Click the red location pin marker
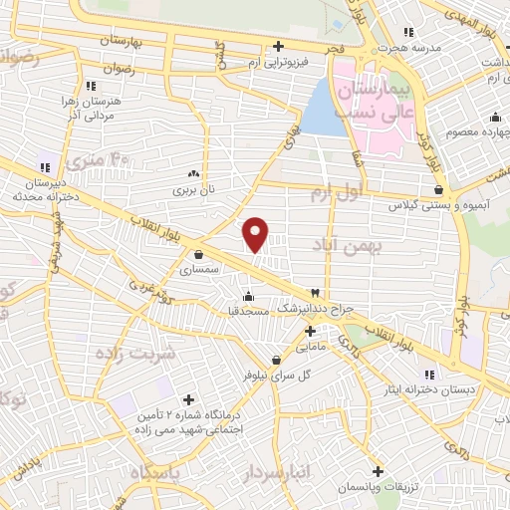point(256,233)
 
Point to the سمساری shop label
point(199,269)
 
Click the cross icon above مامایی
point(310,331)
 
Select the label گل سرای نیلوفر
point(277,377)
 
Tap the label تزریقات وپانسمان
point(378,487)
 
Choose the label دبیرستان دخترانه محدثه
point(45,190)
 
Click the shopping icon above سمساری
point(199,253)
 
